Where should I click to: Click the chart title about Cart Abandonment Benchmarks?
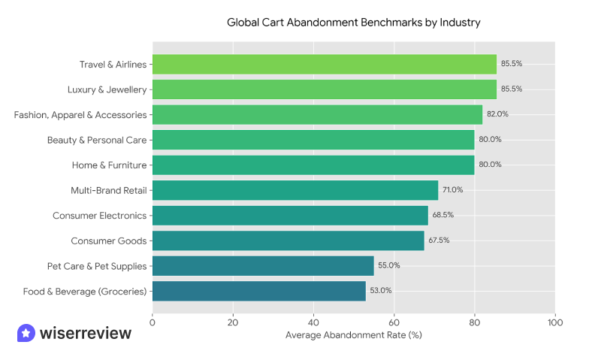[x=353, y=23]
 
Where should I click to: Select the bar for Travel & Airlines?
[x=324, y=64]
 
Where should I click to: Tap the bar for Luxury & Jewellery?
[x=324, y=89]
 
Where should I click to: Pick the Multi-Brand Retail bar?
[x=294, y=189]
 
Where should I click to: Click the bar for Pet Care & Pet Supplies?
[x=263, y=265]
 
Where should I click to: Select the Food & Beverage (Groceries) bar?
[x=258, y=291]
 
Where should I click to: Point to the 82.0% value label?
[x=497, y=114]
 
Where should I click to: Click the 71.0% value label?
[x=453, y=189]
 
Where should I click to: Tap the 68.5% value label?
[x=443, y=215]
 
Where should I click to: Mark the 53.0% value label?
[x=381, y=291]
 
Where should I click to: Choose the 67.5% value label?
[x=439, y=241]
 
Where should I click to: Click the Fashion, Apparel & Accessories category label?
[x=80, y=114]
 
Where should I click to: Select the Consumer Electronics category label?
[x=100, y=215]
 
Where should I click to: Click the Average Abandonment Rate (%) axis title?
[x=353, y=335]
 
